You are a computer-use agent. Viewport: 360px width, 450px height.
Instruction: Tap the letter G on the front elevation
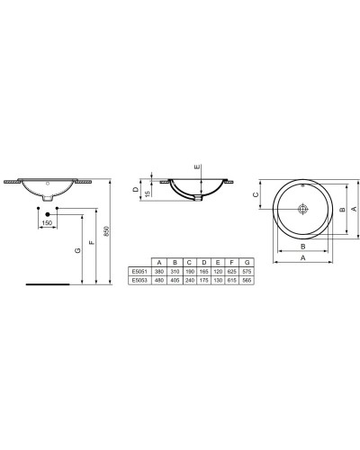click(x=77, y=248)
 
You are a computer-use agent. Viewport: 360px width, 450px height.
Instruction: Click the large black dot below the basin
click(x=47, y=210)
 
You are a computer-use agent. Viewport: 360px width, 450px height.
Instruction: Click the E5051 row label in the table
click(x=138, y=270)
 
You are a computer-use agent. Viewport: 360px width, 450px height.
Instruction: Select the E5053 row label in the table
click(x=138, y=280)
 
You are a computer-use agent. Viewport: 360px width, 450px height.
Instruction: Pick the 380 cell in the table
click(x=160, y=270)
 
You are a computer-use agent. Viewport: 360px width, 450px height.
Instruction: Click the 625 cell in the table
click(x=230, y=270)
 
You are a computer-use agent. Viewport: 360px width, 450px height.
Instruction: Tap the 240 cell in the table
click(x=189, y=280)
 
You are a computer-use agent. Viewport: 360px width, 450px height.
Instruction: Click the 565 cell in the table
click(x=245, y=280)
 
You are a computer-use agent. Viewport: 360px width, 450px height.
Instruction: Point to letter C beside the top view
click(x=256, y=193)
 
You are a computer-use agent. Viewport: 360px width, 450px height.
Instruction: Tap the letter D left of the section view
click(x=135, y=190)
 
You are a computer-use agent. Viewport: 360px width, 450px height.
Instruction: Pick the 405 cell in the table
click(x=175, y=280)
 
